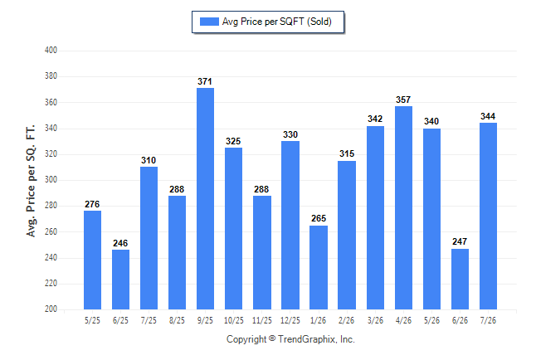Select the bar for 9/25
pos(205,198)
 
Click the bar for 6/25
pos(120,280)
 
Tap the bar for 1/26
pos(319,267)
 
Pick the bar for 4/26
pos(404,208)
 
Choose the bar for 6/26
pos(460,279)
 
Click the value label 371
pos(205,81)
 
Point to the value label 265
pos(319,218)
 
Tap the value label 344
pos(488,116)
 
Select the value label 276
pos(92,204)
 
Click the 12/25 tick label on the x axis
pos(290,320)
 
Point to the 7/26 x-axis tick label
pos(488,320)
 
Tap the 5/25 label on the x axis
pos(92,320)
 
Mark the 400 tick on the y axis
pos(51,51)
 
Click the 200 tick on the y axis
pos(51,309)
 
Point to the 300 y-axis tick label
pos(51,179)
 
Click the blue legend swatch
pos(209,22)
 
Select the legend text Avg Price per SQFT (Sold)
pos(277,22)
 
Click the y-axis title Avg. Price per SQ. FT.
pos(31,181)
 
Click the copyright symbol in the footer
pos(272,338)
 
